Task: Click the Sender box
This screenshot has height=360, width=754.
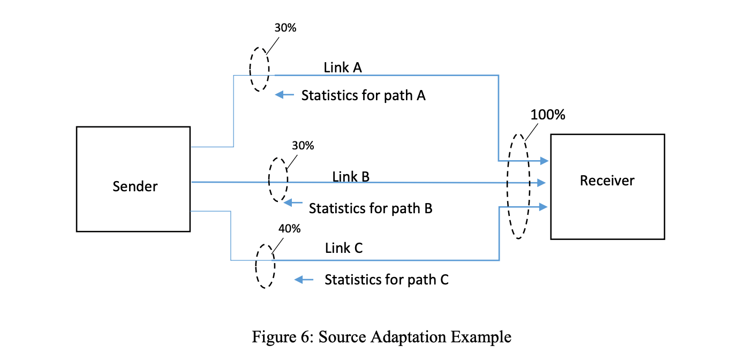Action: (x=133, y=179)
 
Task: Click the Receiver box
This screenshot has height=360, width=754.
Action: (x=607, y=186)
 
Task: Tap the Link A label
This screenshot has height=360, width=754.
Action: (x=343, y=67)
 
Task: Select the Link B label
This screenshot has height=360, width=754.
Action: (x=351, y=176)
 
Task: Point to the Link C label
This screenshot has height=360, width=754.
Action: (x=344, y=249)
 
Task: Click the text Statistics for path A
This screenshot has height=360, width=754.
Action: (x=364, y=96)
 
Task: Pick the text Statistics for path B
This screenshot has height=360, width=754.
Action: (x=371, y=208)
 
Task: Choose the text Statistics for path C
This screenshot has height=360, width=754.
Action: (x=386, y=280)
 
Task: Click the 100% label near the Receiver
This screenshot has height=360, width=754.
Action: (x=548, y=115)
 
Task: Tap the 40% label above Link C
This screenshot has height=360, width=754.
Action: (x=290, y=229)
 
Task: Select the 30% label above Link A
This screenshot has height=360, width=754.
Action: (x=285, y=28)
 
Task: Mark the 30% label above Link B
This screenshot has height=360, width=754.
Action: (x=303, y=146)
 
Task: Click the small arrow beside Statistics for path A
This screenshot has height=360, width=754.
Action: (x=285, y=95)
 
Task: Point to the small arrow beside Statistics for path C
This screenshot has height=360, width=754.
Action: (x=305, y=280)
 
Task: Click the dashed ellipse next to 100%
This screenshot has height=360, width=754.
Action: (x=518, y=185)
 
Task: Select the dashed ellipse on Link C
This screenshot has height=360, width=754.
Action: (x=265, y=266)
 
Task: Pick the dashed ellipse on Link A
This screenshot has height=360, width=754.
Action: (x=259, y=69)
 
